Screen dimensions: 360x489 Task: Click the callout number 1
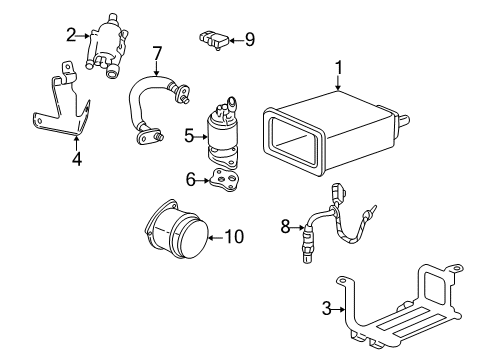[x=339, y=69]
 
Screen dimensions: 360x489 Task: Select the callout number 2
[x=71, y=36]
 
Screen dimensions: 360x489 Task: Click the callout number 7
[x=156, y=53]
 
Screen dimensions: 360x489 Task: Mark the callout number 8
[x=285, y=227]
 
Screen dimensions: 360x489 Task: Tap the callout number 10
[x=233, y=237]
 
